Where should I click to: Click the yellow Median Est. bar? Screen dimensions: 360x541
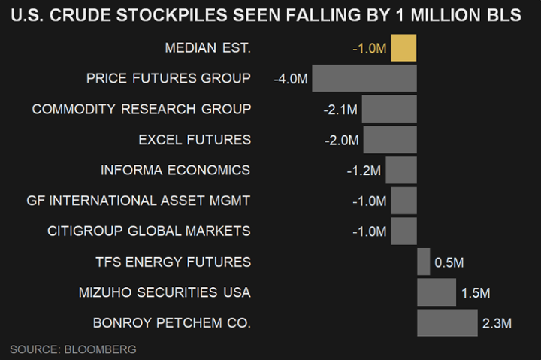point(403,48)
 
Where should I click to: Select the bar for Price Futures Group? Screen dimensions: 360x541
point(364,79)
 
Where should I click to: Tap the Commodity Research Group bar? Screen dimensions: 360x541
point(389,109)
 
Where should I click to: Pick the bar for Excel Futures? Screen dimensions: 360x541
point(390,140)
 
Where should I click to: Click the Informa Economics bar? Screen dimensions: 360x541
point(401,171)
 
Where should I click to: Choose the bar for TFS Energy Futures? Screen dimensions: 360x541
point(424,262)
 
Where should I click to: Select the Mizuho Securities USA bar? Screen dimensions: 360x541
point(437,292)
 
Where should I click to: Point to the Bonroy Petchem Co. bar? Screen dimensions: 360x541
point(447,323)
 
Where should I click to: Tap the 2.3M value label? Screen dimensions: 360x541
point(497,324)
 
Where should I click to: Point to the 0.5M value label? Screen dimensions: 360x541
point(449,263)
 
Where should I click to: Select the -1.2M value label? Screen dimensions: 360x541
point(364,171)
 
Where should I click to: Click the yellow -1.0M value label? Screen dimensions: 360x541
point(369,49)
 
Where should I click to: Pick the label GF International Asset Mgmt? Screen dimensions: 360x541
point(138,201)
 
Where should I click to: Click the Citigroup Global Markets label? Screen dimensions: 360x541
point(149,231)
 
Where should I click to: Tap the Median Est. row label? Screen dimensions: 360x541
point(207,49)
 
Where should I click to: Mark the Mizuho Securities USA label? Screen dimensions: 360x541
point(165,292)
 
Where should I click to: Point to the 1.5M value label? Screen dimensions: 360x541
point(476,293)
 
